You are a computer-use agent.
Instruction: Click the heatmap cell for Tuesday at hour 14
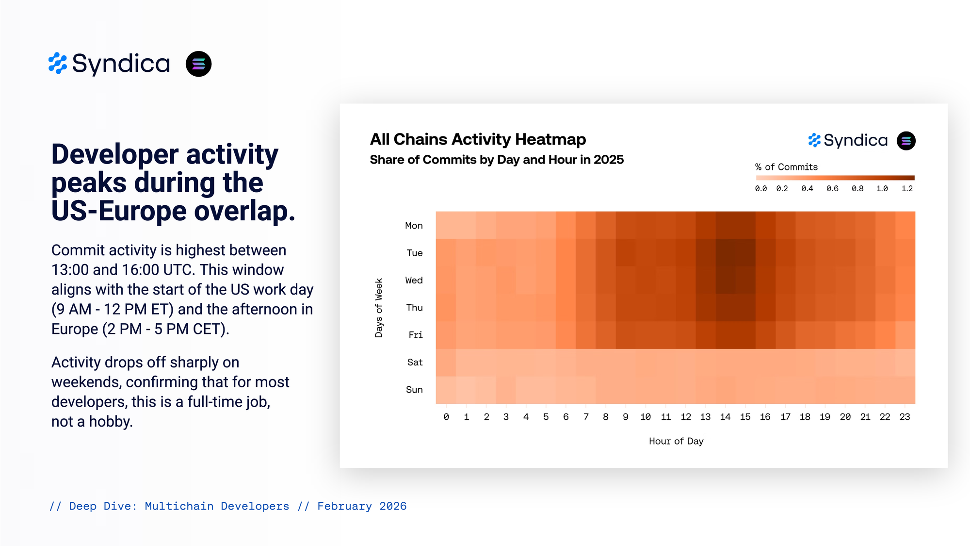pos(726,252)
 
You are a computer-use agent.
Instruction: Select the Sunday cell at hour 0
pos(446,390)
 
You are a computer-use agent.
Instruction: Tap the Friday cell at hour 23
pos(905,335)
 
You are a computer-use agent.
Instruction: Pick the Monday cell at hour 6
pos(566,225)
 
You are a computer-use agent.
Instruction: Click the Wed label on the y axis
pos(414,280)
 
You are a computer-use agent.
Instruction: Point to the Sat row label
pos(415,362)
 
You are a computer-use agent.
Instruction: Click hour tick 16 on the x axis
pos(765,417)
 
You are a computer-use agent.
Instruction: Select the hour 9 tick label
pos(626,417)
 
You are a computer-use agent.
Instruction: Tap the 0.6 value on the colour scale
pos(832,188)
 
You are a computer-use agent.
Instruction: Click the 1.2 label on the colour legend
pos(907,188)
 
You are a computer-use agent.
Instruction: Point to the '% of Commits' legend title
pos(786,167)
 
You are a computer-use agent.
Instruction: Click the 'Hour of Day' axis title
pos(676,441)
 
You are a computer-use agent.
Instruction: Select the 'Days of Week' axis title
pos(379,308)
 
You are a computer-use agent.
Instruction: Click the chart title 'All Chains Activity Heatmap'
pos(478,139)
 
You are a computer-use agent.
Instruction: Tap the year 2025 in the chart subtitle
pos(609,160)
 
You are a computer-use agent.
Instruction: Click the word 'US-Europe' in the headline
pos(119,211)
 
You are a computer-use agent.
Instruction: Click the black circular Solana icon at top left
pos(198,64)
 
